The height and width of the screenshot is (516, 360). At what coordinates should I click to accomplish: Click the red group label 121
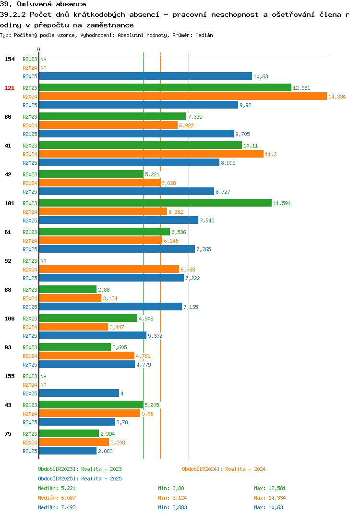(x=10, y=88)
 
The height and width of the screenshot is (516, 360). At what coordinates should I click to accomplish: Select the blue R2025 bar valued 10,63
(x=145, y=76)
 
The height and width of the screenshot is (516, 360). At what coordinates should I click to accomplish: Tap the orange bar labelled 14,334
(x=183, y=96)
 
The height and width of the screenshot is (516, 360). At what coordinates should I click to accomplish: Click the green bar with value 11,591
(x=155, y=203)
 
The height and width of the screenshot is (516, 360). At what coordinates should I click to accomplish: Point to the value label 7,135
(x=191, y=307)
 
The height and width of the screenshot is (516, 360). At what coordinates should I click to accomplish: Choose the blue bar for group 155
(x=79, y=393)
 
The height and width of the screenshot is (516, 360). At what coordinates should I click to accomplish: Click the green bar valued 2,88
(x=68, y=289)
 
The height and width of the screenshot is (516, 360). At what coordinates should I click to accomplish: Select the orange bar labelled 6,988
(x=109, y=269)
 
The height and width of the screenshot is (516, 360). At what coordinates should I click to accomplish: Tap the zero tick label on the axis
(x=38, y=49)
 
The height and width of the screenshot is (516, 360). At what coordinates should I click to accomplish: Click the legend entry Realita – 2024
(x=224, y=469)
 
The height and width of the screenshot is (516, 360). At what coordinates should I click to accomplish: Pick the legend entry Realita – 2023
(x=80, y=469)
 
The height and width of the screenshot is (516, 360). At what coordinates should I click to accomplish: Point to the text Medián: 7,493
(x=57, y=507)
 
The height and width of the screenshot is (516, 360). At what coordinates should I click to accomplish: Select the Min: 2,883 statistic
(x=172, y=507)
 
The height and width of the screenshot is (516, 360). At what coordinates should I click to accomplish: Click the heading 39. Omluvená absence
(x=43, y=4)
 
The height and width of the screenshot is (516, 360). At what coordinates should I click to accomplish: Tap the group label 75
(x=8, y=434)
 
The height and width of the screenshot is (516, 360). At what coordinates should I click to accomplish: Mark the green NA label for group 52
(x=43, y=261)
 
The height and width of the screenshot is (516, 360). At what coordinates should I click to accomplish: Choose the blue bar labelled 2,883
(x=68, y=451)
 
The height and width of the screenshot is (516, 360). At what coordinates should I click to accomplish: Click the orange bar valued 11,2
(x=151, y=154)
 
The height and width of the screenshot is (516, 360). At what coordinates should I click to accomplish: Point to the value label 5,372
(x=155, y=336)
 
